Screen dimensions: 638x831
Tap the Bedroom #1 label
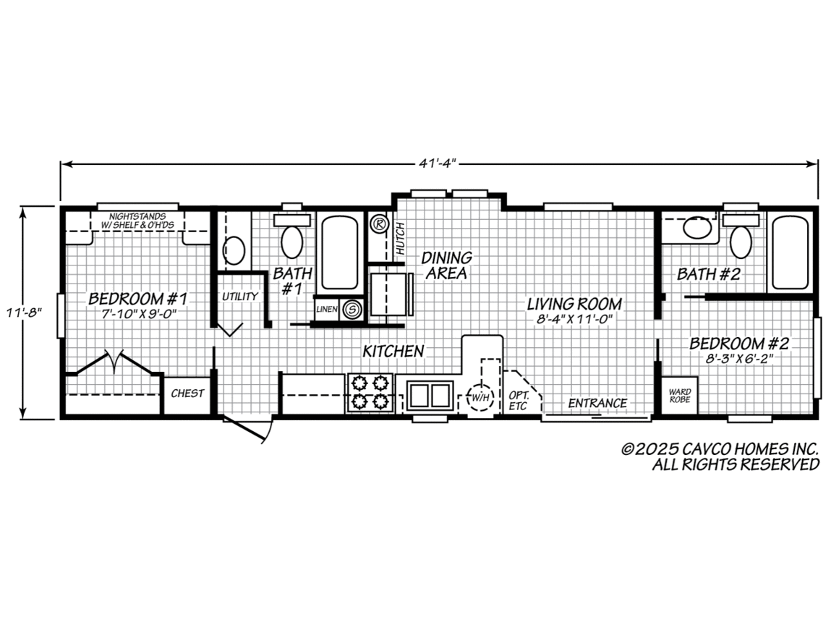click(137, 299)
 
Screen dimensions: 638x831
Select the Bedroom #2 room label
click(738, 343)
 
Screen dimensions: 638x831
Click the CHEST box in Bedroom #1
click(187, 394)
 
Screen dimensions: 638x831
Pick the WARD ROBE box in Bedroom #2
click(678, 395)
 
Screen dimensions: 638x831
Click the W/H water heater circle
click(480, 396)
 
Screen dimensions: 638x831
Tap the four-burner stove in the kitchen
click(370, 392)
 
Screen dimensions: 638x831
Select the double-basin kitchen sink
click(429, 395)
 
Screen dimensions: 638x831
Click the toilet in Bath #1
click(292, 241)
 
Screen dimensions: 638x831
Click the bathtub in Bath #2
click(790, 250)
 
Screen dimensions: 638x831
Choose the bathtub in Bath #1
click(339, 252)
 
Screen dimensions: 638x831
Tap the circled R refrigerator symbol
click(378, 224)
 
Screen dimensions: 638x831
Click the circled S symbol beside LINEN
click(352, 310)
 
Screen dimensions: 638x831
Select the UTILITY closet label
click(239, 297)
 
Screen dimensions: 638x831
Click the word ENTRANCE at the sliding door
click(597, 403)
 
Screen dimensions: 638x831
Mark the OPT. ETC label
click(519, 400)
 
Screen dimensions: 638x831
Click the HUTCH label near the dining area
click(400, 238)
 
